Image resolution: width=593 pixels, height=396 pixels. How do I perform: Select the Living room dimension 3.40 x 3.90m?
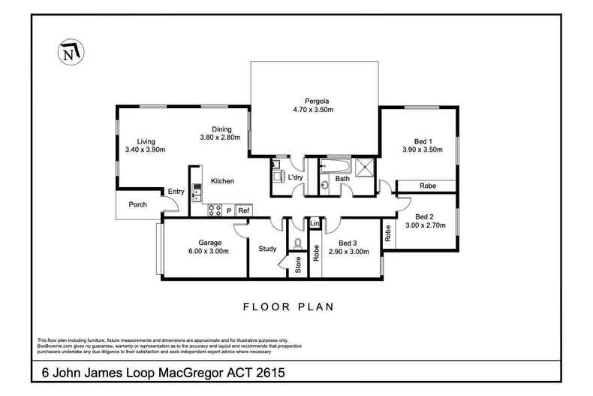pyautogui.click(x=145, y=150)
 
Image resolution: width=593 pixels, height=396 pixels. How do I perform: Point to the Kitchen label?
pyautogui.click(x=222, y=181)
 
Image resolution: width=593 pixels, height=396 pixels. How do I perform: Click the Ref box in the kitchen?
pyautogui.click(x=243, y=211)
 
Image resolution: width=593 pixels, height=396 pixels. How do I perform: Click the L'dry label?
pyautogui.click(x=296, y=178)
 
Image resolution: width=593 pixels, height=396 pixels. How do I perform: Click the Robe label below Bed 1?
pyautogui.click(x=427, y=186)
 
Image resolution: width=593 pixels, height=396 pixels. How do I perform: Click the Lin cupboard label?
pyautogui.click(x=315, y=224)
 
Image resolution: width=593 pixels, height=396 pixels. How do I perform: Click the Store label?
pyautogui.click(x=298, y=265)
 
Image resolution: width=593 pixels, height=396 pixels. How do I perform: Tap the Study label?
pyautogui.click(x=267, y=249)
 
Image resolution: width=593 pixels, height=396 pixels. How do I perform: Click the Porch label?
pyautogui.click(x=137, y=204)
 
